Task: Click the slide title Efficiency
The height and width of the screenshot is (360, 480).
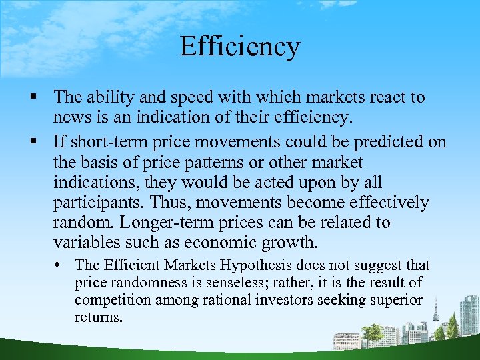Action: [240, 47]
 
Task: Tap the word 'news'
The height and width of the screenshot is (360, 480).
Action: [72, 119]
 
